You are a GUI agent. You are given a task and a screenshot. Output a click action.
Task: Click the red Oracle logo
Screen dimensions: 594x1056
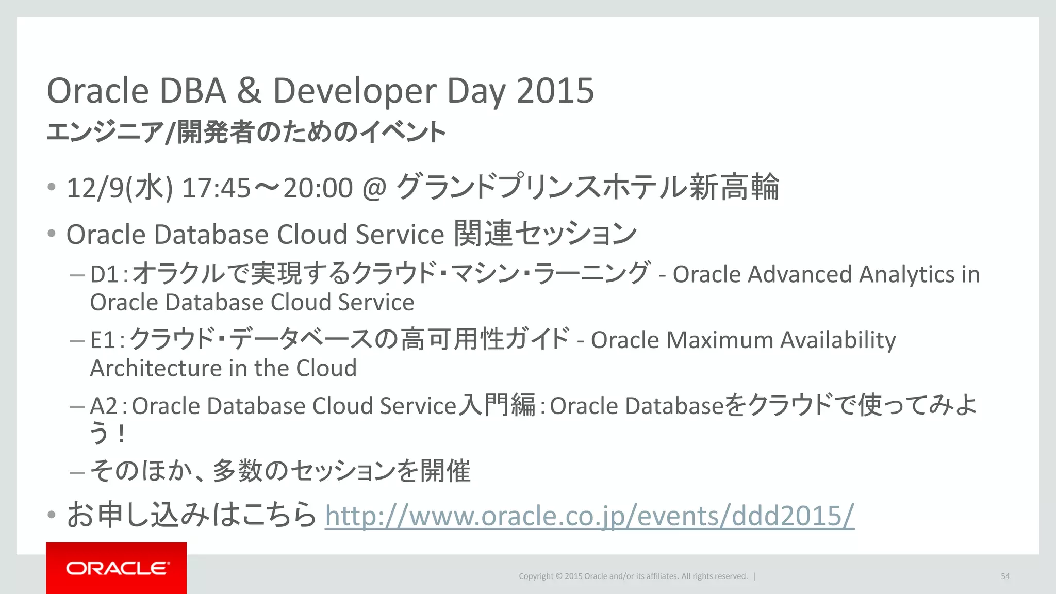[116, 568]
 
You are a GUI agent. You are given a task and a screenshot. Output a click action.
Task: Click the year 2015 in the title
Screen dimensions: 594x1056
[555, 91]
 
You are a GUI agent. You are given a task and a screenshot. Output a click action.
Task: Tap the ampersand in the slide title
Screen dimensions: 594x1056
[249, 91]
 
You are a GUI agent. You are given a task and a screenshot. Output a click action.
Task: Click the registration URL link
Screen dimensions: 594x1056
[589, 515]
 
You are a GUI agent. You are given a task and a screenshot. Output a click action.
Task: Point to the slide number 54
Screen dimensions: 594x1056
[1005, 576]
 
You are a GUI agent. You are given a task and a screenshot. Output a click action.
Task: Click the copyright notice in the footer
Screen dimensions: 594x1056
[633, 576]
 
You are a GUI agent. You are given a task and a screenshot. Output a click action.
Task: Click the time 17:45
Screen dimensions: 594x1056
[216, 188]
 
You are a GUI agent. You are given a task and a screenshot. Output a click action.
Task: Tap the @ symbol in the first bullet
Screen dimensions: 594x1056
[374, 188]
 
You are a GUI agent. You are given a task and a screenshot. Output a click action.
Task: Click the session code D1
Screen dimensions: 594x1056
[105, 274]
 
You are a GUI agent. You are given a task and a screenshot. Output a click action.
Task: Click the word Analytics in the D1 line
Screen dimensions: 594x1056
[906, 274]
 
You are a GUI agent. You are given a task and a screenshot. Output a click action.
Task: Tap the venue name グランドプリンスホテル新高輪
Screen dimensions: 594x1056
[588, 187]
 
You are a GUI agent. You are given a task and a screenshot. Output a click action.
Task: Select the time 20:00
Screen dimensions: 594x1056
[318, 188]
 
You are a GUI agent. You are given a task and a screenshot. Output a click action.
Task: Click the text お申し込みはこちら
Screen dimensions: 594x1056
[191, 515]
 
